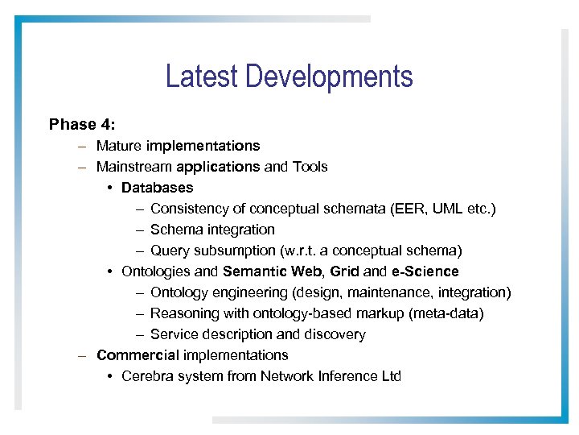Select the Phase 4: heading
(82, 125)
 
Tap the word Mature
(119, 146)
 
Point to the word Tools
(310, 167)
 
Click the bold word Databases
(158, 188)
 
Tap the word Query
(169, 251)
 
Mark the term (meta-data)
(450, 313)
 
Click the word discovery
(336, 334)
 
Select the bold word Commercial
(138, 355)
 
